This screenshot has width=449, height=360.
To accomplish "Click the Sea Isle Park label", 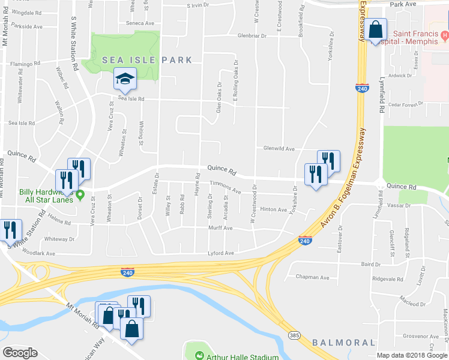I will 147,60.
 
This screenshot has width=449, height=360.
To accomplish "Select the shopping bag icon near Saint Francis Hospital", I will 375,30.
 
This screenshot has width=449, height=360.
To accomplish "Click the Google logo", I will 20,353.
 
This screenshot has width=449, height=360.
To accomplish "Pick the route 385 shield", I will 294,334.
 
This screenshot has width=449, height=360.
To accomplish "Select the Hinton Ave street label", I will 273,209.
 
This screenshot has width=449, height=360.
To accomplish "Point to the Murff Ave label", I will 220,228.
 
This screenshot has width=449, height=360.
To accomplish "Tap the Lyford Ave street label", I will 220,253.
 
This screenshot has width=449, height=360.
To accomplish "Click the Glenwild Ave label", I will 279,148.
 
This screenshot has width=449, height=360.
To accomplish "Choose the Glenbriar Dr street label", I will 252,35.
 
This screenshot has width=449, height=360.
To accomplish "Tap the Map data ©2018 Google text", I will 412,355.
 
